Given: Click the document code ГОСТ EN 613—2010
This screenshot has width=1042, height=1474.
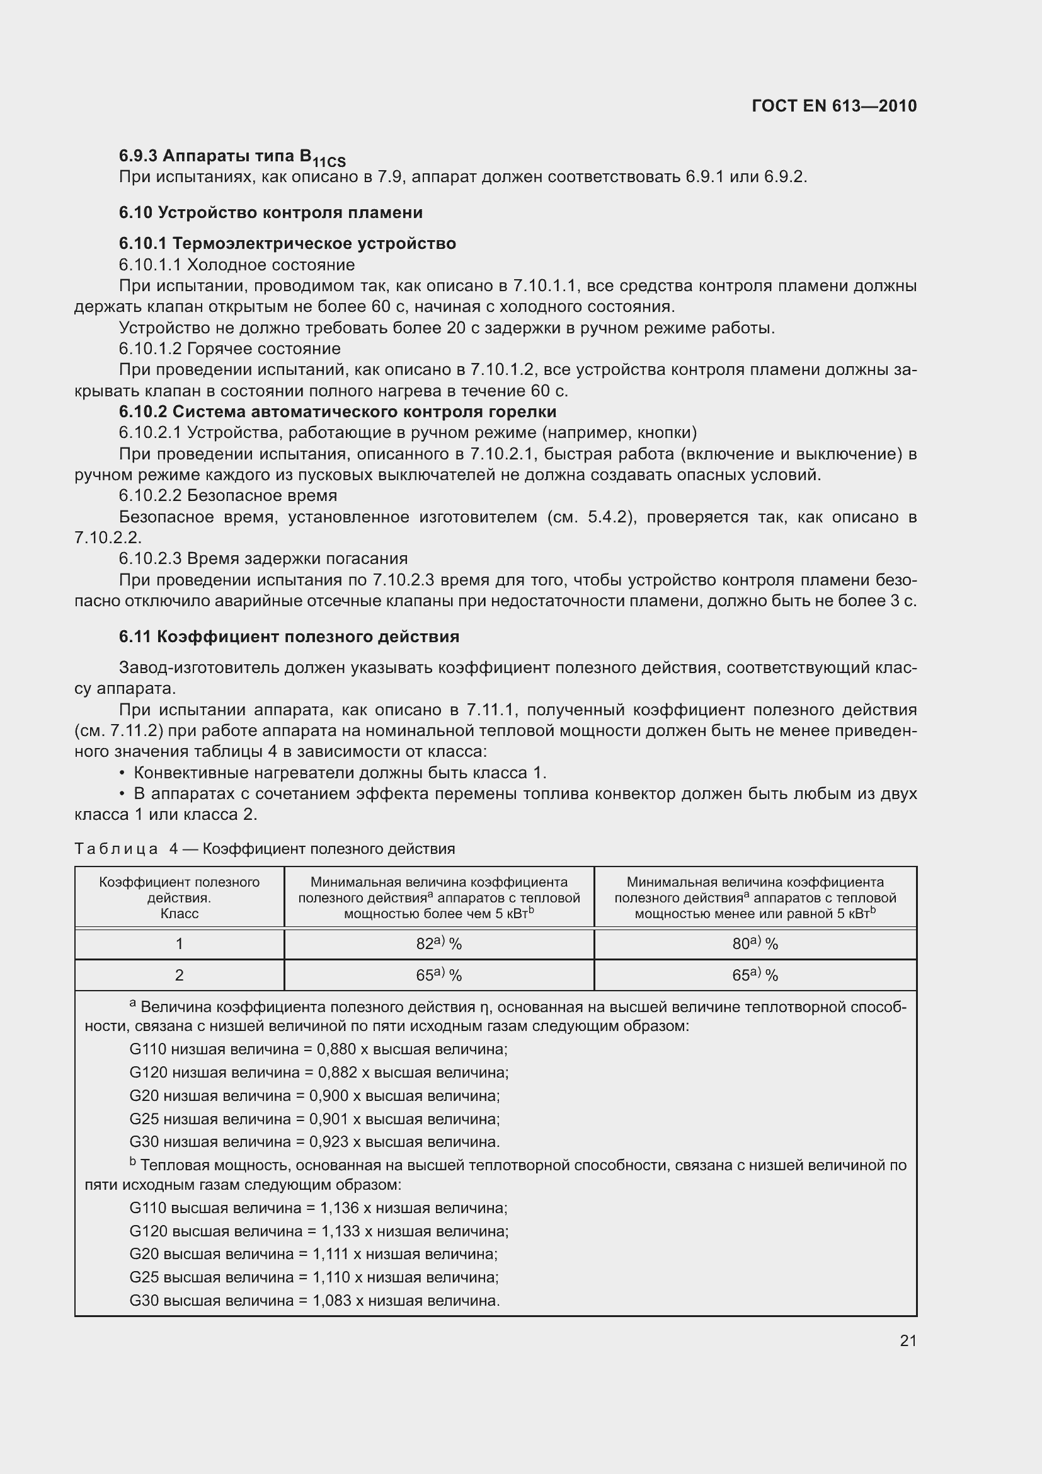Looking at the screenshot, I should [834, 106].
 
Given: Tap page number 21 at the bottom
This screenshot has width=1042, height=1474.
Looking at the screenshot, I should [908, 1340].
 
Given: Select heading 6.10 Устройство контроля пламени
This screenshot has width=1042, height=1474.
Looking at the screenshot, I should [270, 212].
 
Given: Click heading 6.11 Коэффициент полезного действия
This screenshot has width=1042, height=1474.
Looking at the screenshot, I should [289, 637].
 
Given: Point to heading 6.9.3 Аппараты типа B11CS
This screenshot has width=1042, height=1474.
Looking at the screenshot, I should [232, 157].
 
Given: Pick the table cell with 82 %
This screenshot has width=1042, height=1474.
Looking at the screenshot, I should [439, 944].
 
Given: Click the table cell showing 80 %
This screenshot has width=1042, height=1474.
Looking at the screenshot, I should [755, 944].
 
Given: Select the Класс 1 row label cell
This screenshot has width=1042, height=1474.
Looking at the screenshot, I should [179, 944].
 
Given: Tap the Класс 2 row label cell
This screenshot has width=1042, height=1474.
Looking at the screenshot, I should [179, 975].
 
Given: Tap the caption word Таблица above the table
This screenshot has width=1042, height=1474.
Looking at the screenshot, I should [116, 849].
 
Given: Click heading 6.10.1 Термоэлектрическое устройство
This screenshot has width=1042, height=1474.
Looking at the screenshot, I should [287, 243].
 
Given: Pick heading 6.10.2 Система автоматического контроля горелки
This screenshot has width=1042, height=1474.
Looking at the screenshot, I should [337, 412].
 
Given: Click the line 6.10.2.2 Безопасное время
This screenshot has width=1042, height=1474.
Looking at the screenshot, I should [228, 495].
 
